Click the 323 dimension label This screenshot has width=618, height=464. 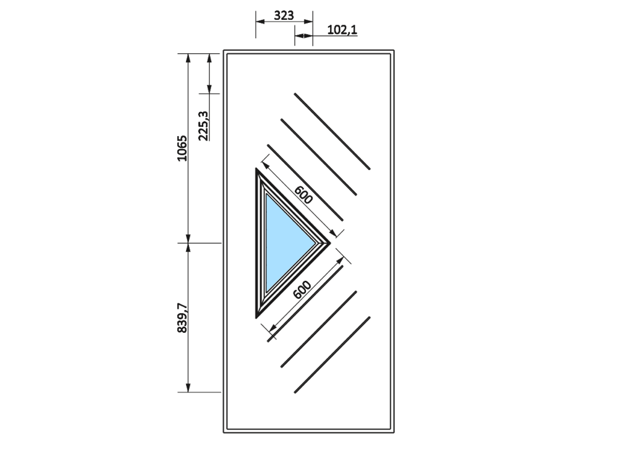click(284, 15)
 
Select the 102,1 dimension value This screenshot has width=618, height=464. click(342, 30)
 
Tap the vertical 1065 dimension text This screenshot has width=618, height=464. click(182, 148)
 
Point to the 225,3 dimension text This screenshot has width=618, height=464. click(203, 126)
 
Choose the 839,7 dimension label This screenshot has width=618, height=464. click(182, 318)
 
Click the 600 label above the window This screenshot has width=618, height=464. click(303, 195)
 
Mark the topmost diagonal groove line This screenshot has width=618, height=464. click(332, 131)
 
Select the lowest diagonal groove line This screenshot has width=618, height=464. click(332, 354)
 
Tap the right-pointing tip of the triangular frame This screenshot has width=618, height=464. click(330, 243)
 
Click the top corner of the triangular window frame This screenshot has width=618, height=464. click(256, 169)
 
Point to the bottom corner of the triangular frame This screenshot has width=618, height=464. click(256, 317)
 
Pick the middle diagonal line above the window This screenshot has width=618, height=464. click(318, 157)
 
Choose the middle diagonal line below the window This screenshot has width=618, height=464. click(318, 330)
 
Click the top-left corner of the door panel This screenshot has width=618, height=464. click(224, 51)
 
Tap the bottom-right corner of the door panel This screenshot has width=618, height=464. click(394, 432)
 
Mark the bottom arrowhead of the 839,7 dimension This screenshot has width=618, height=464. click(188, 388)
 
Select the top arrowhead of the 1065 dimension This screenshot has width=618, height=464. click(188, 58)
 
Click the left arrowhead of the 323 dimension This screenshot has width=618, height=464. click(260, 22)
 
